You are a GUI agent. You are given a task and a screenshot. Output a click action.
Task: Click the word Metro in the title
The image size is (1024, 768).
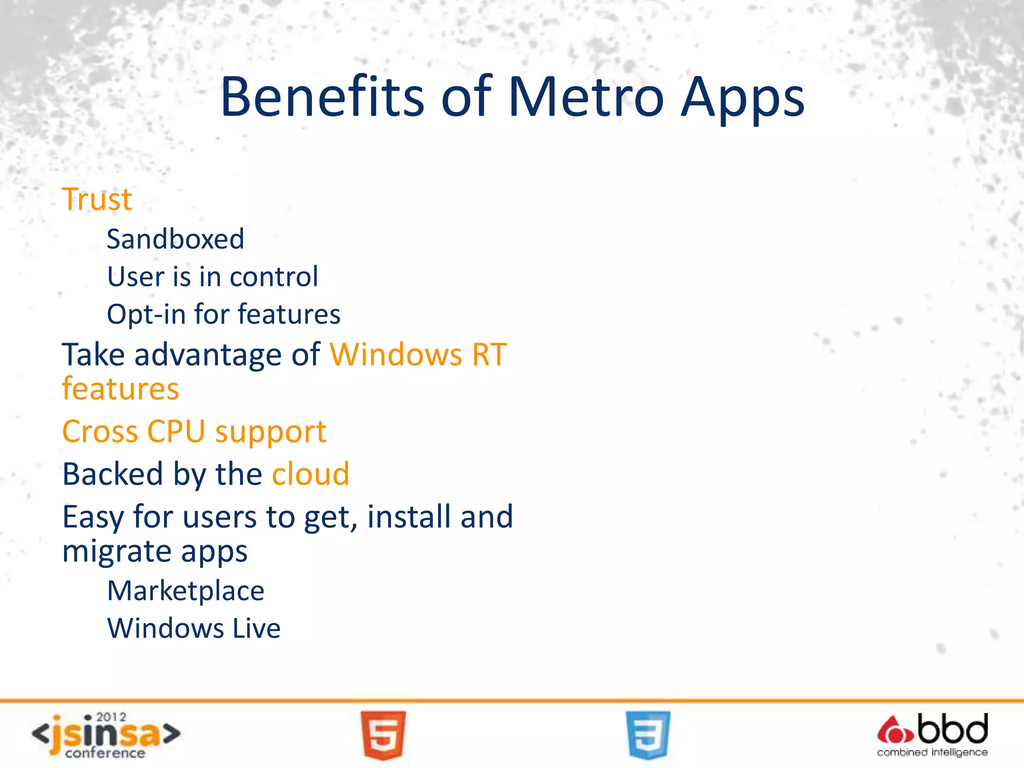pyautogui.click(x=585, y=97)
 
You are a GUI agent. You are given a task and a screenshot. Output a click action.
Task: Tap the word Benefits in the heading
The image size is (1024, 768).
pyautogui.click(x=322, y=97)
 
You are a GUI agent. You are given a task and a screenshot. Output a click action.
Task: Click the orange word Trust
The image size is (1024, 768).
pyautogui.click(x=97, y=199)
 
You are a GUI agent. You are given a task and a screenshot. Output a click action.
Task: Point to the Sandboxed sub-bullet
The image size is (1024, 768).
pyautogui.click(x=175, y=239)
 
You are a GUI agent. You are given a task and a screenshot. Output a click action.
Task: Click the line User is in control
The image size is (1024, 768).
pyautogui.click(x=212, y=276)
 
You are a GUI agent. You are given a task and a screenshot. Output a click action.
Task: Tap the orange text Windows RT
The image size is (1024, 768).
pyautogui.click(x=418, y=355)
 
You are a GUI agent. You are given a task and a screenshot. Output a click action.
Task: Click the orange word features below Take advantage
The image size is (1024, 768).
pyautogui.click(x=120, y=389)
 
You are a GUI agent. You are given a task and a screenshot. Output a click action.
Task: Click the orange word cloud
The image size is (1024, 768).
pyautogui.click(x=310, y=474)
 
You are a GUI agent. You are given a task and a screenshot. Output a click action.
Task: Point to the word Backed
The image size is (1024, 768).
pyautogui.click(x=113, y=474)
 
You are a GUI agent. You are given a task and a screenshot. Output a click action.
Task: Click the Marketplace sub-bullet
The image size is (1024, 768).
pyautogui.click(x=185, y=591)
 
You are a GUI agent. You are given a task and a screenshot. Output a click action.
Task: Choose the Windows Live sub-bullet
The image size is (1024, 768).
pyautogui.click(x=194, y=628)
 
